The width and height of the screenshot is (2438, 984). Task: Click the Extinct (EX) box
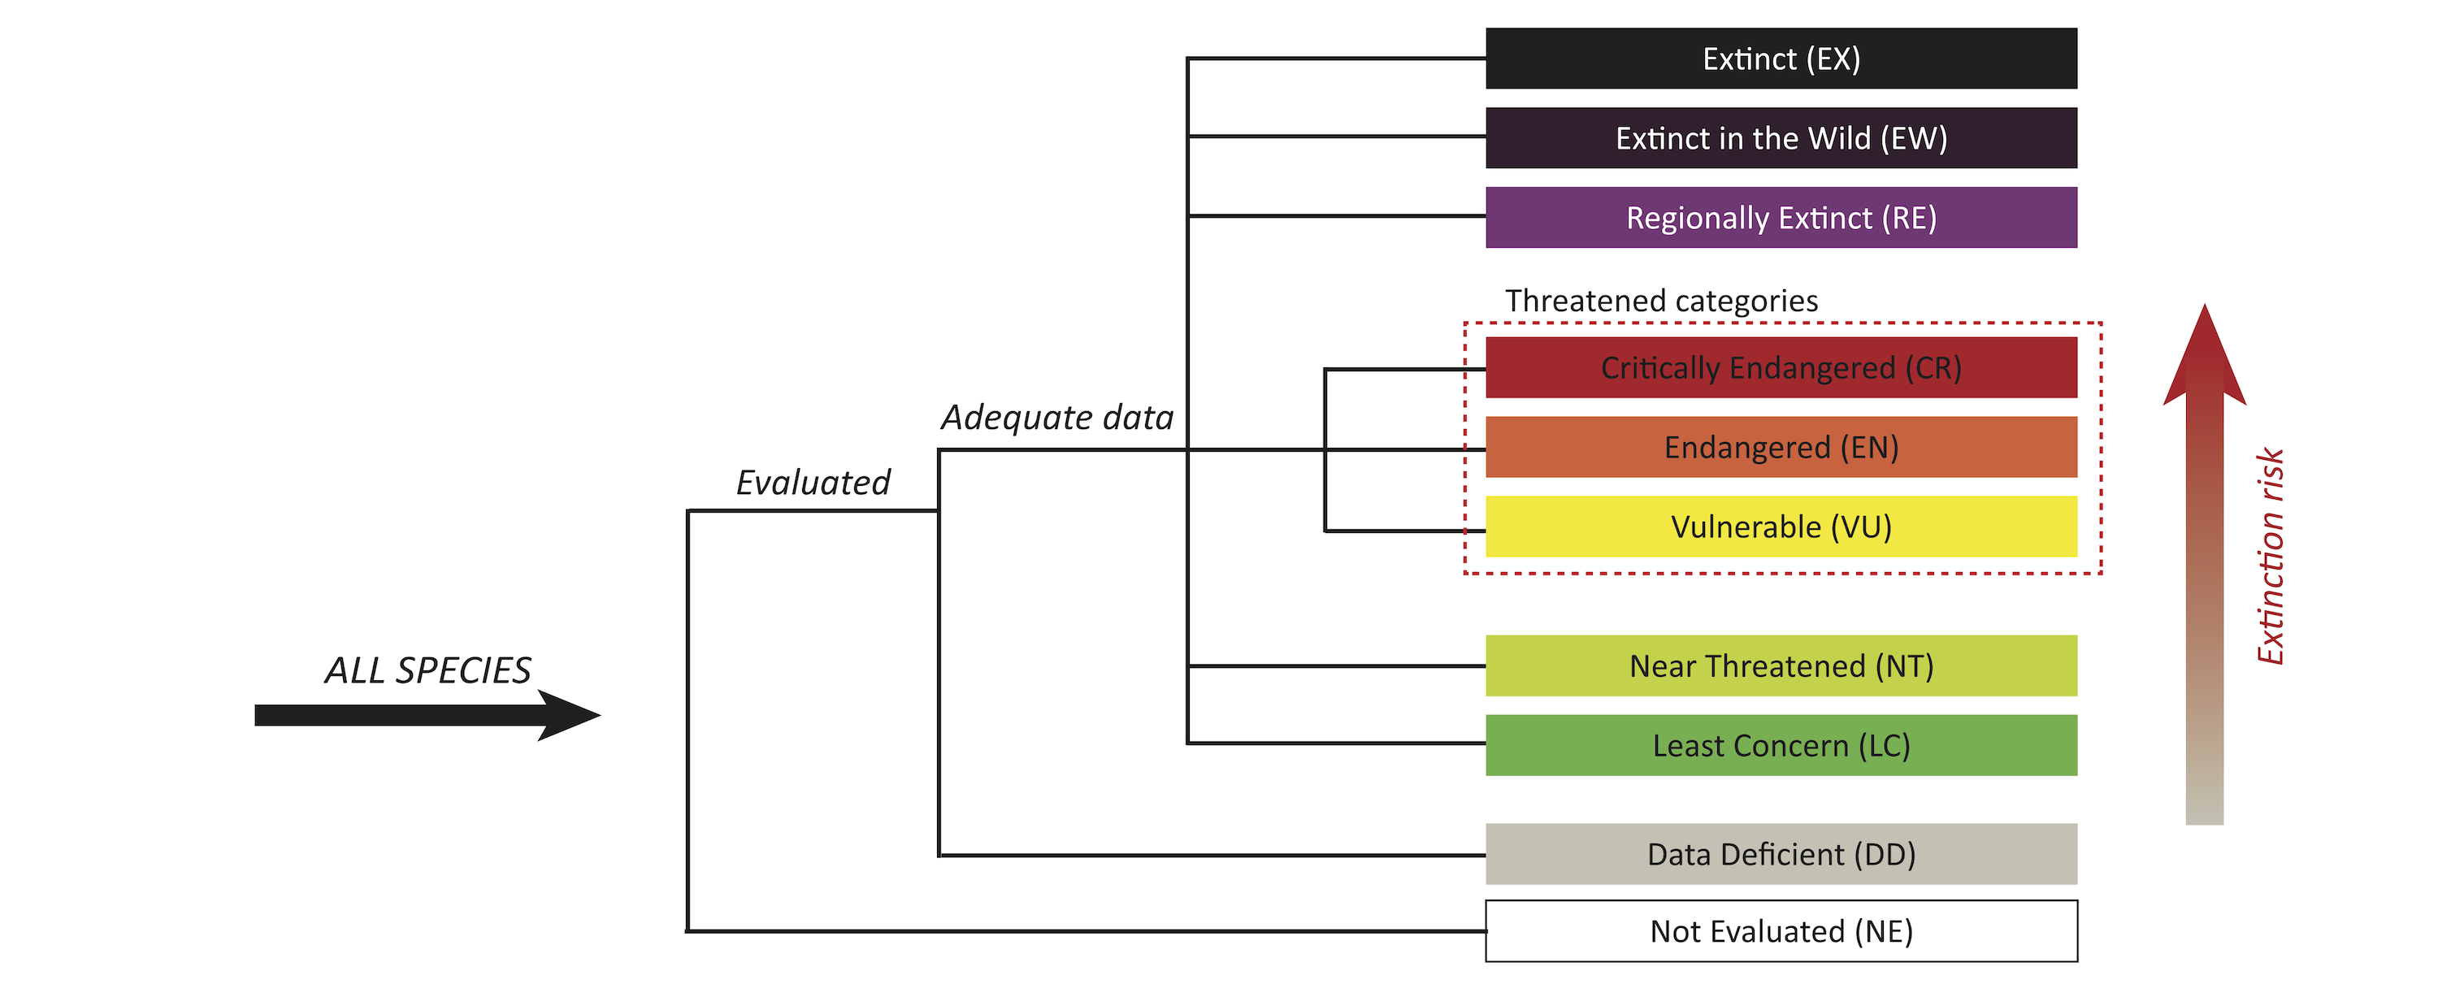click(x=1781, y=59)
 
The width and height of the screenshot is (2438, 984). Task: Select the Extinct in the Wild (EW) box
click(x=1781, y=138)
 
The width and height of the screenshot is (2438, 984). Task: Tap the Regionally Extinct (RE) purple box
click(x=1781, y=218)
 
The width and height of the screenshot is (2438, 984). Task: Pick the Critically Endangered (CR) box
click(x=1781, y=367)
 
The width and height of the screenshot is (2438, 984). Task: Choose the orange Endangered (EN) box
click(x=1781, y=447)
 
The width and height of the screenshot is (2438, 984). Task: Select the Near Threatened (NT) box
click(x=1781, y=666)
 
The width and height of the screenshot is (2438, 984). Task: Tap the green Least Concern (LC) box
click(x=1781, y=746)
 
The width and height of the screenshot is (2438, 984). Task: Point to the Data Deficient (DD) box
click(x=1781, y=854)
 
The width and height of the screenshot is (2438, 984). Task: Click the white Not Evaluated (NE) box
click(x=1781, y=931)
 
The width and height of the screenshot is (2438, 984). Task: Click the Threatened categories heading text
click(x=1661, y=301)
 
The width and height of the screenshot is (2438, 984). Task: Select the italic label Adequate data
click(x=1056, y=418)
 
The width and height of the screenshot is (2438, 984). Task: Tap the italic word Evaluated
click(x=813, y=483)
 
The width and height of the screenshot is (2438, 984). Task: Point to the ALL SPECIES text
click(x=427, y=670)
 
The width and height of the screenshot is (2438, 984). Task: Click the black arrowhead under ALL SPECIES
click(x=568, y=715)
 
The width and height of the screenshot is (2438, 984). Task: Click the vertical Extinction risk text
click(x=2271, y=557)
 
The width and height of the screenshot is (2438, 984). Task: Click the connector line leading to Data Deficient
click(x=1212, y=856)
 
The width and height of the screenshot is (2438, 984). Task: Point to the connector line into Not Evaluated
click(x=1088, y=931)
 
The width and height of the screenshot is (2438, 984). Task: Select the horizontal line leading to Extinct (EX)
click(x=1334, y=59)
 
